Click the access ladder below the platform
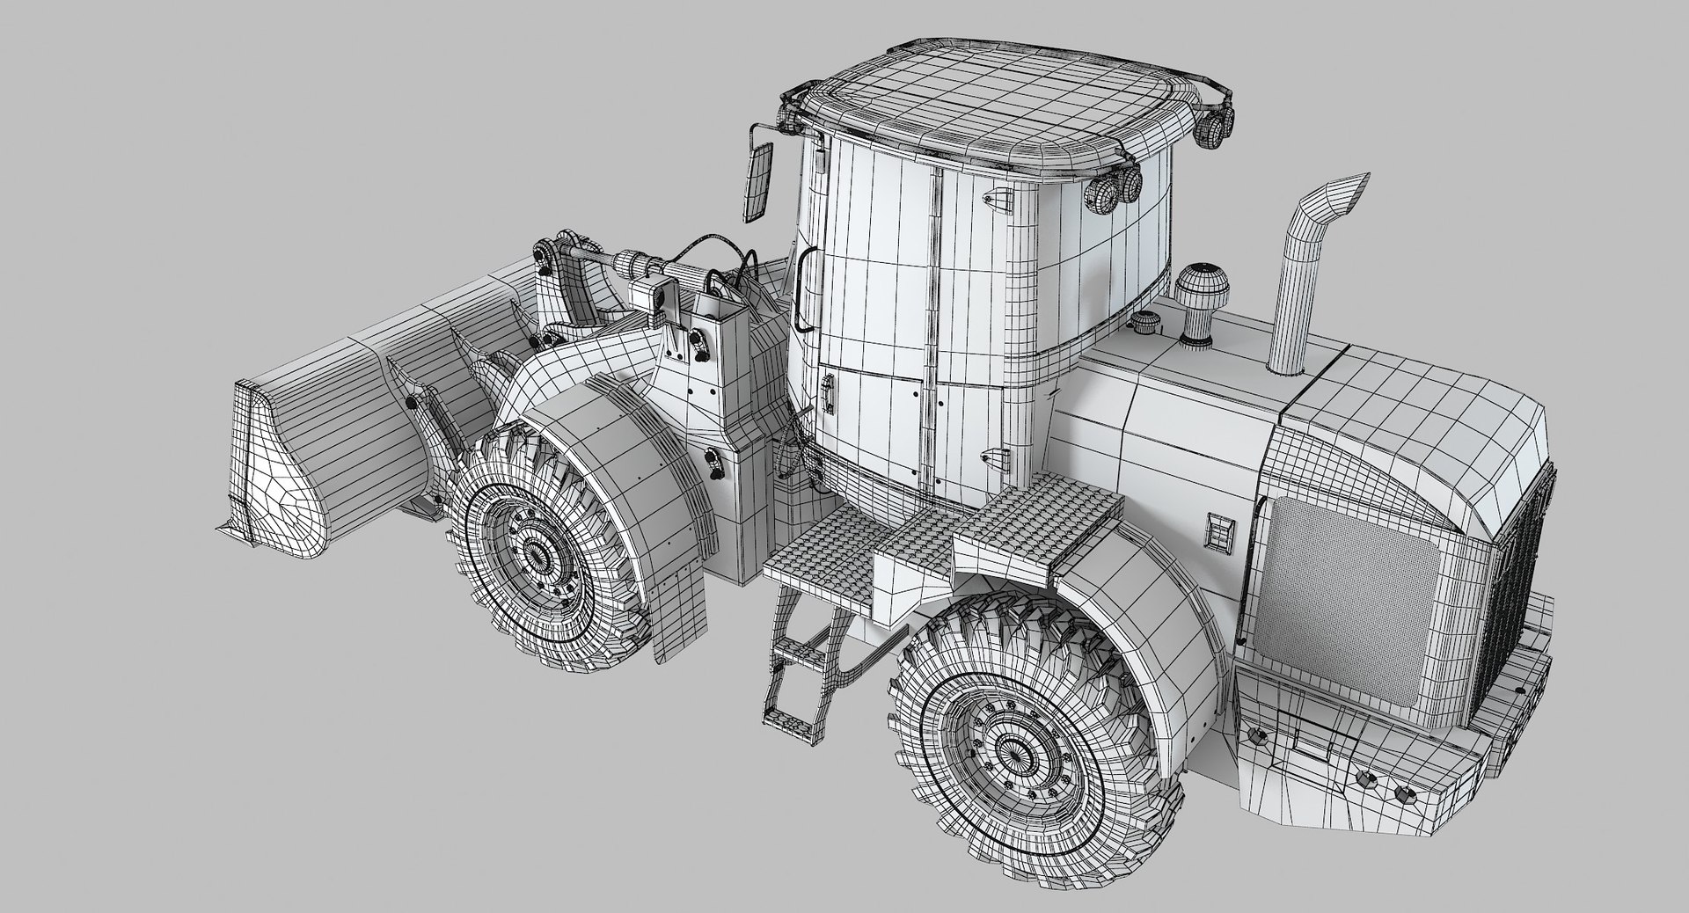(801, 651)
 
